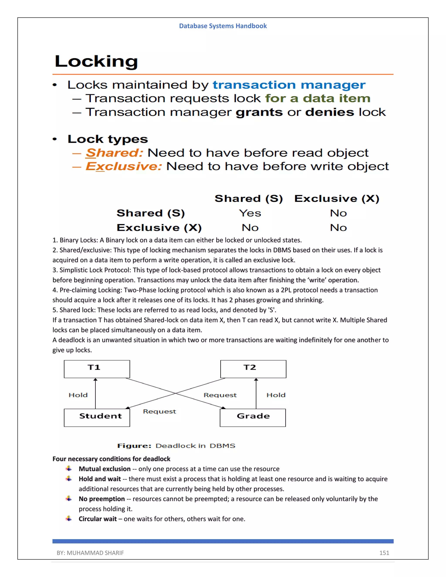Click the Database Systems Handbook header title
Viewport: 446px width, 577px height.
pyautogui.click(x=223, y=26)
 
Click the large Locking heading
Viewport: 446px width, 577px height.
pyautogui.click(x=96, y=62)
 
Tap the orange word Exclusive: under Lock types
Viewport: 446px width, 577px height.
pyautogui.click(x=124, y=166)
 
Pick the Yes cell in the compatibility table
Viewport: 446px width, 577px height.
pyautogui.click(x=250, y=213)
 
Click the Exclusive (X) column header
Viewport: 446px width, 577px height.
pyautogui.click(x=337, y=198)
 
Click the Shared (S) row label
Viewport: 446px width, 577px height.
pyautogui.click(x=151, y=213)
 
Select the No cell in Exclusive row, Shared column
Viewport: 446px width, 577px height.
pyautogui.click(x=250, y=228)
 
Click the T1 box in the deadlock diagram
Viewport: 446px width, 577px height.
pyautogui.click(x=97, y=369)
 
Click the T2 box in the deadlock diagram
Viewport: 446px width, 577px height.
pyautogui.click(x=253, y=369)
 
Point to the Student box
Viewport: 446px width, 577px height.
pyautogui.click(x=97, y=417)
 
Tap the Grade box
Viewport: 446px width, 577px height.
pyautogui.click(x=253, y=417)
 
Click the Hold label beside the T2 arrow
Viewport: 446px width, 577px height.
pyautogui.click(x=276, y=395)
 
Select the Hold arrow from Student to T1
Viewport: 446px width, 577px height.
pyautogui.click(x=95, y=394)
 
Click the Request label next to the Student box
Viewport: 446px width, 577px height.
pyautogui.click(x=159, y=411)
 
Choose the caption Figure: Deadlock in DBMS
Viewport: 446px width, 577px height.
pyautogui.click(x=176, y=446)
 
